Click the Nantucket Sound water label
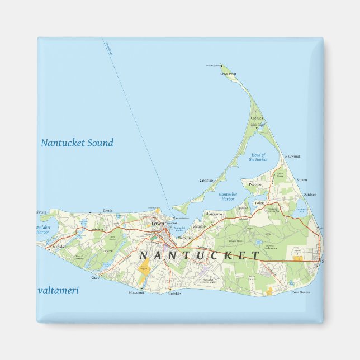tap(77, 143)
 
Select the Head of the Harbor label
tap(258, 157)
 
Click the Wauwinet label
tap(292, 156)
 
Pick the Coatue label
tap(206, 181)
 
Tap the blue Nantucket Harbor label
tap(228, 197)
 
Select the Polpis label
tap(259, 203)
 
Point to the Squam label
tap(302, 180)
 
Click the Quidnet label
tap(310, 195)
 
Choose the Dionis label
tap(108, 211)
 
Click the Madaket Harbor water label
tap(44, 230)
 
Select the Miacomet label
tap(136, 292)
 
